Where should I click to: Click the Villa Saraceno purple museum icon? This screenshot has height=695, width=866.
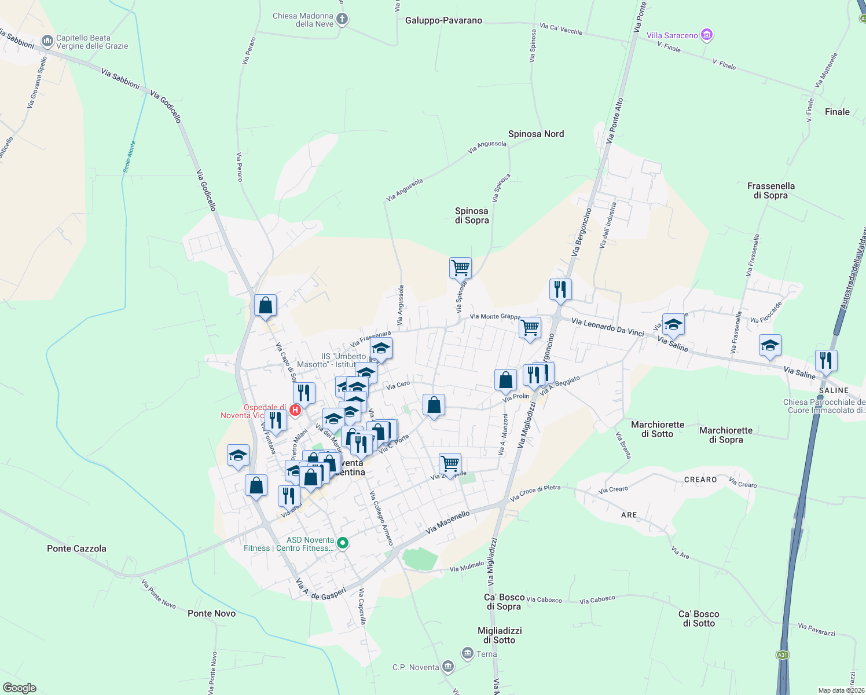[706, 35]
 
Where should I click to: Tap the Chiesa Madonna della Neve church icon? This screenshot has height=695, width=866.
[342, 20]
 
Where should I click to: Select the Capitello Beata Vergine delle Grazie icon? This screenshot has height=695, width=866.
[47, 42]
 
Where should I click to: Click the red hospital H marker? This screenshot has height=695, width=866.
[295, 410]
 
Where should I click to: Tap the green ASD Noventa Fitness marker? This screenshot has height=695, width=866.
[343, 543]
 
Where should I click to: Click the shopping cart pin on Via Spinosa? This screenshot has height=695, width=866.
[460, 268]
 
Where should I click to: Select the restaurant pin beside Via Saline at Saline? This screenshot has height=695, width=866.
[826, 360]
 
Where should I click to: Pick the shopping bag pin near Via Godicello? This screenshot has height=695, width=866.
[265, 305]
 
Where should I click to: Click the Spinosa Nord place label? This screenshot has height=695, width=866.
[535, 134]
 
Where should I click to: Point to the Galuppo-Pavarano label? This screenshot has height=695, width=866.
[443, 20]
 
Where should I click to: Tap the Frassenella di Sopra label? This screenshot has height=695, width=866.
[770, 191]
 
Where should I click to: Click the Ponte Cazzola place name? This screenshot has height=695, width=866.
[76, 548]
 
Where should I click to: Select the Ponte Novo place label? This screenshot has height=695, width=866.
[211, 613]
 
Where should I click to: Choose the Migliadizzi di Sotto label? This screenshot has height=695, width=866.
[500, 635]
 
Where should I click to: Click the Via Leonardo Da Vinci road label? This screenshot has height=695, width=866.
[607, 327]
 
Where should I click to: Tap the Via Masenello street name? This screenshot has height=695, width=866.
[447, 522]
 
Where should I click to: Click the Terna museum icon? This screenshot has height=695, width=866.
[468, 653]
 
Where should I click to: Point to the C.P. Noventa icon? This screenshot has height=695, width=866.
[447, 667]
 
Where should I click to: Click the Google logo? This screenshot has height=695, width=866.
[19, 688]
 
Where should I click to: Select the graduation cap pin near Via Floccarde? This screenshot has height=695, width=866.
[769, 346]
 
